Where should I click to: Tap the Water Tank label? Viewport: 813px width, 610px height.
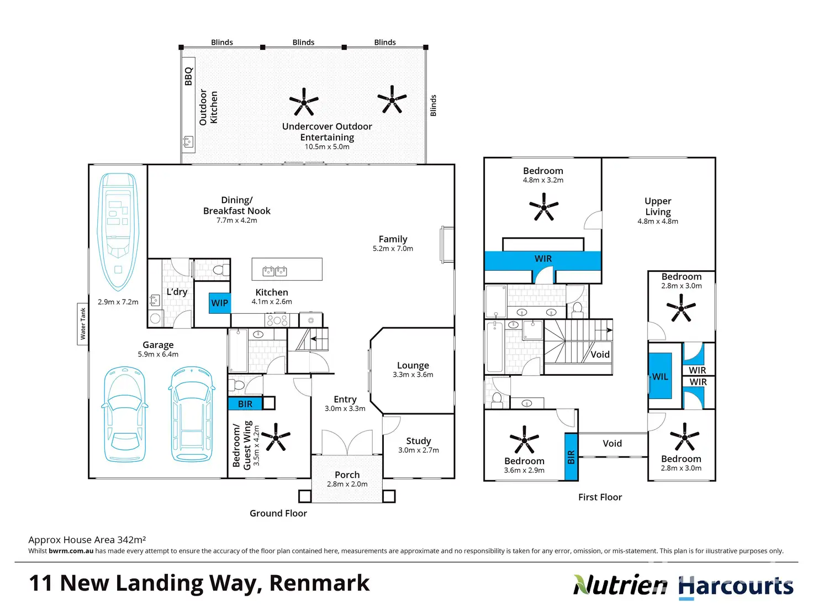pyautogui.click(x=83, y=324)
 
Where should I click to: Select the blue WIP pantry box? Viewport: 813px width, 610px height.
pyautogui.click(x=219, y=303)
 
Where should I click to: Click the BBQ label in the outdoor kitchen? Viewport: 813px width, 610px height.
pyautogui.click(x=188, y=76)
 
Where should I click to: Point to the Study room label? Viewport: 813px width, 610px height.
pyautogui.click(x=418, y=441)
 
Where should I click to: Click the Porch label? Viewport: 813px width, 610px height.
pyautogui.click(x=347, y=475)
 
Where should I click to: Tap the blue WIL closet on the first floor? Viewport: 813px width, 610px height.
pyautogui.click(x=660, y=376)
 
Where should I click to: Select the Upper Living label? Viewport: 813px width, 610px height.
pyautogui.click(x=658, y=206)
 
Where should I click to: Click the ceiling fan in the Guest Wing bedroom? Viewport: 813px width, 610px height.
pyautogui.click(x=275, y=437)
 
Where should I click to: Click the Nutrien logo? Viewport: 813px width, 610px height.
pyautogui.click(x=620, y=585)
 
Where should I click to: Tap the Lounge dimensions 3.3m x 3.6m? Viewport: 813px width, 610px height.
pyautogui.click(x=413, y=375)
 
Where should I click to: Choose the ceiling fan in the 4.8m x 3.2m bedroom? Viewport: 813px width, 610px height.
pyautogui.click(x=543, y=207)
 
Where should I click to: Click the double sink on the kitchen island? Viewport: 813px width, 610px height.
pyautogui.click(x=274, y=271)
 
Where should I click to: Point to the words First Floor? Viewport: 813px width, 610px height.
pyautogui.click(x=600, y=497)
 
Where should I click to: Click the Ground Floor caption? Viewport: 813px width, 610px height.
pyautogui.click(x=278, y=513)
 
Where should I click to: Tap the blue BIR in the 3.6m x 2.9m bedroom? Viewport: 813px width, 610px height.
pyautogui.click(x=571, y=456)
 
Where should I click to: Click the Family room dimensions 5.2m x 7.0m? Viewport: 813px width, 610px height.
pyautogui.click(x=393, y=249)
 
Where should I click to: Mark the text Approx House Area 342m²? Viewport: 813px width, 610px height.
pyautogui.click(x=87, y=540)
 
